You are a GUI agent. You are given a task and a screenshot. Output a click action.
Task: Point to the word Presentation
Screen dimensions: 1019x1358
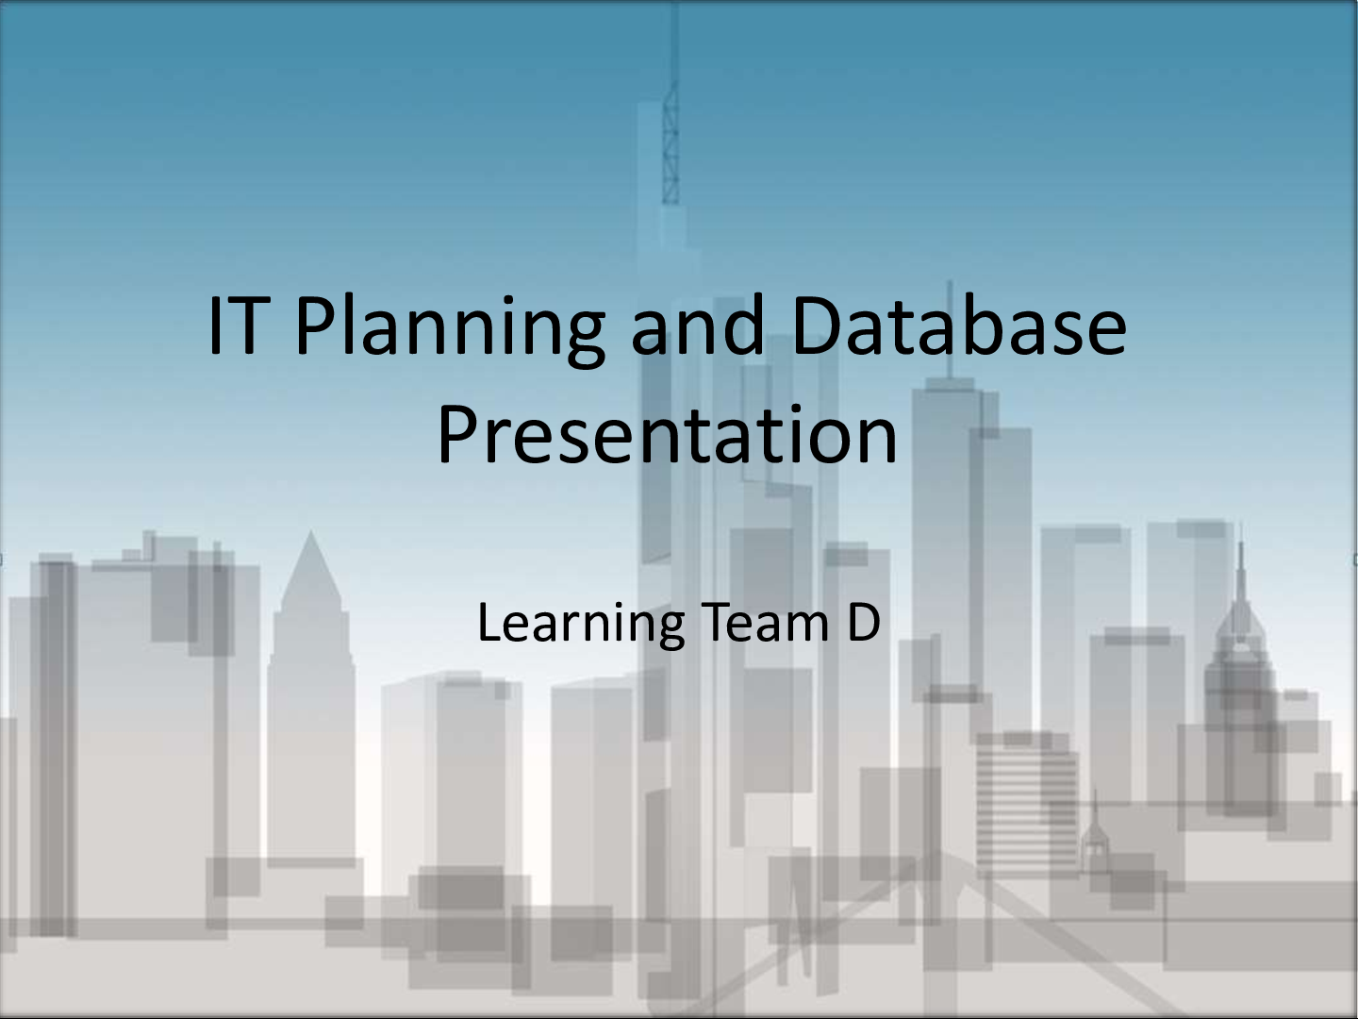pyautogui.click(x=667, y=435)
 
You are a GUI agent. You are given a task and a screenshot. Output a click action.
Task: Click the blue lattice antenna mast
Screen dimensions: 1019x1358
pyautogui.click(x=671, y=142)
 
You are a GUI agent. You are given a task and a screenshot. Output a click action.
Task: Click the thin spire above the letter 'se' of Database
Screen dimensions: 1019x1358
pyautogui.click(x=949, y=311)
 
